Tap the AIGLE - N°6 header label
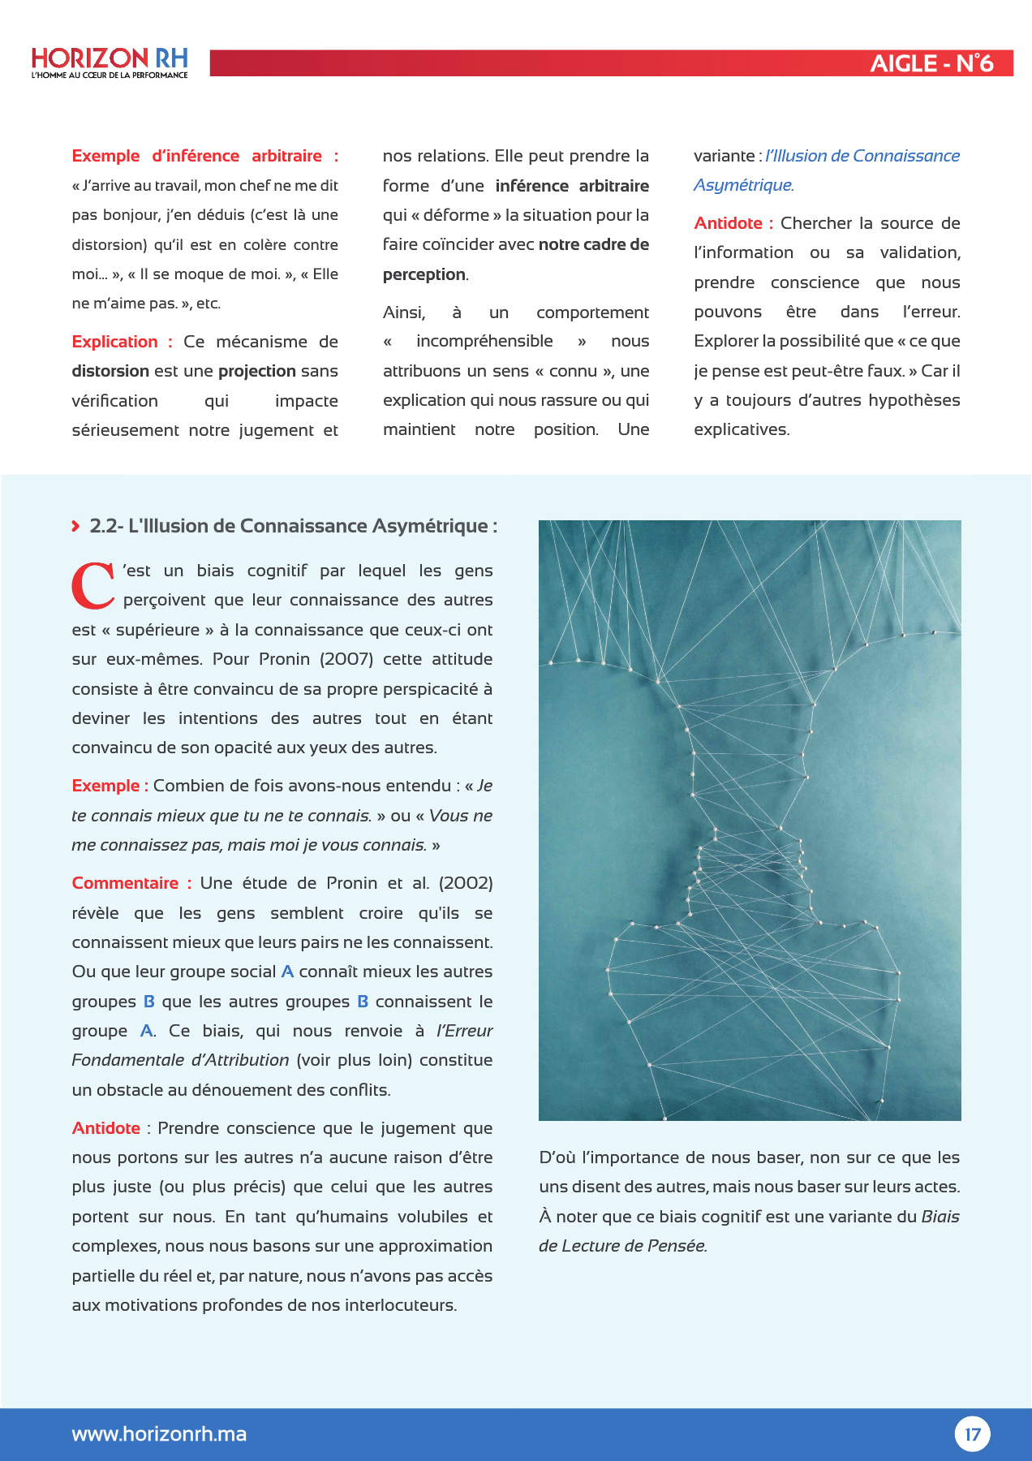tap(931, 63)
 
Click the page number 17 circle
tap(972, 1434)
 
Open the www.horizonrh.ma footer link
tap(159, 1434)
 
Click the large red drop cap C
tap(92, 585)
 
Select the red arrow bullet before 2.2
tap(75, 526)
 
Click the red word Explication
tap(114, 342)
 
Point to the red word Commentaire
tap(125, 883)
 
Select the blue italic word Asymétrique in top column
tap(742, 185)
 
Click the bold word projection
tap(256, 371)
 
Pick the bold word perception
tap(424, 274)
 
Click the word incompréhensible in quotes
tap(484, 341)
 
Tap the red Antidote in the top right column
tap(728, 223)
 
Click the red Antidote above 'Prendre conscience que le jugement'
tap(105, 1128)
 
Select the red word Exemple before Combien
tap(105, 786)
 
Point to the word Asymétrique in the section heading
tap(429, 526)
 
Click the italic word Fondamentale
tap(127, 1060)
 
